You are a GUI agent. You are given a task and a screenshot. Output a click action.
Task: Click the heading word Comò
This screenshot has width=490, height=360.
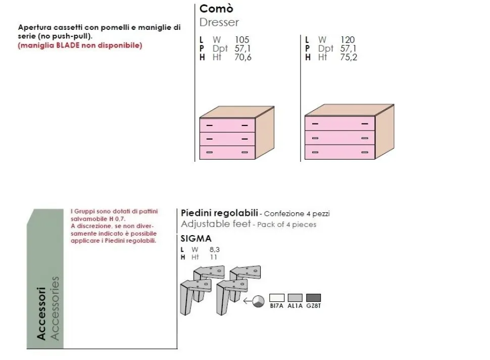[216, 9]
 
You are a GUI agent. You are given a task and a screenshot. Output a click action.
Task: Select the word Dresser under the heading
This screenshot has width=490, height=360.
[219, 23]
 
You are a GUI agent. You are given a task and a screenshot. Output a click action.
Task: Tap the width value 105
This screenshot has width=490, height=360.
[242, 40]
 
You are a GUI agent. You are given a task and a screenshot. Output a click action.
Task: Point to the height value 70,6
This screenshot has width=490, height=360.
[243, 57]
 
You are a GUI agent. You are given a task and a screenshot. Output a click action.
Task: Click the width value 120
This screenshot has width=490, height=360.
[348, 40]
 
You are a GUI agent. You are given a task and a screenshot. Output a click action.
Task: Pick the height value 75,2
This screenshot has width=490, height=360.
[349, 57]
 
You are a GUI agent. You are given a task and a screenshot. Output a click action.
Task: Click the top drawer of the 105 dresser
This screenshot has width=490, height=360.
[227, 125]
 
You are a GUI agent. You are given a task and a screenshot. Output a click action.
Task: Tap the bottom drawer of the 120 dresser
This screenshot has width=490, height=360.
[339, 152]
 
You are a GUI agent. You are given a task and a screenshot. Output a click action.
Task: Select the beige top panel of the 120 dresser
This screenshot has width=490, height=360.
[350, 110]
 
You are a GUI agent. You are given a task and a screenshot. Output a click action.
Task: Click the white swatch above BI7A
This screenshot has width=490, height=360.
[277, 298]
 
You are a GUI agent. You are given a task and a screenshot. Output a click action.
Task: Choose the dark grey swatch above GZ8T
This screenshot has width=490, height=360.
[313, 298]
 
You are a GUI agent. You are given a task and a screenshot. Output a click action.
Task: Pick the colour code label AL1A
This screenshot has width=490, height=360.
[295, 306]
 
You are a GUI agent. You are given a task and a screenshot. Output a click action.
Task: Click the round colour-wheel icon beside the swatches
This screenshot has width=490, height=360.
[259, 301]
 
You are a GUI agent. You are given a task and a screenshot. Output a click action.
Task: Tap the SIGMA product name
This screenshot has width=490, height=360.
[196, 239]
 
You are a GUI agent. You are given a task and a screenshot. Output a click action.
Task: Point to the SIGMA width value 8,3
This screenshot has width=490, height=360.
[215, 250]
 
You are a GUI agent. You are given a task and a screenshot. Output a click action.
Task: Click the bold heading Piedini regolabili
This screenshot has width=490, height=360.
[219, 213]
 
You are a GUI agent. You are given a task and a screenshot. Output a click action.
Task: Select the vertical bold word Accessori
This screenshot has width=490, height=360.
[41, 313]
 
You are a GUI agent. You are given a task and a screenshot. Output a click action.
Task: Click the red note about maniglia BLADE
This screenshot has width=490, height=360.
[80, 46]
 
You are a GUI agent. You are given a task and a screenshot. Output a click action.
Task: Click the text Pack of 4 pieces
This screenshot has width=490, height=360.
[287, 224]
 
